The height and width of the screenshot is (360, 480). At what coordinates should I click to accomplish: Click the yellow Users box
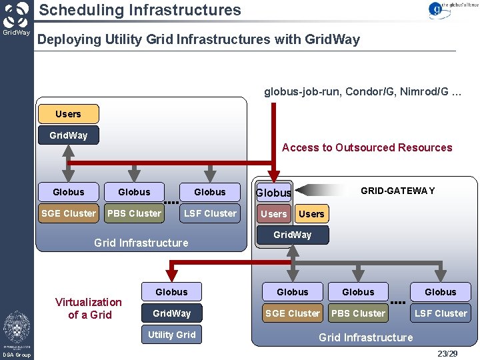pyautogui.click(x=68, y=114)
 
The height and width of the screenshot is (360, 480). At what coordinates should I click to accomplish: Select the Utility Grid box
pyautogui.click(x=172, y=335)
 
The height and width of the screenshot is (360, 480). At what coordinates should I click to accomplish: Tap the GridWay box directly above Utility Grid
pyautogui.click(x=172, y=313)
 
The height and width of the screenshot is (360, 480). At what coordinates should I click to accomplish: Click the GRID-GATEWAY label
pyautogui.click(x=397, y=191)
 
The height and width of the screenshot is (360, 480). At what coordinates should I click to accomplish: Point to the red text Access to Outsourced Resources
pyautogui.click(x=367, y=147)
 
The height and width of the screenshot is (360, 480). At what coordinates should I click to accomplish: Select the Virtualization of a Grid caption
pyautogui.click(x=89, y=309)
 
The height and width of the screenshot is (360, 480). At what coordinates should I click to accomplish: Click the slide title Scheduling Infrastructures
pyautogui.click(x=140, y=10)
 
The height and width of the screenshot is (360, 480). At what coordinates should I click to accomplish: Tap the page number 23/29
pyautogui.click(x=447, y=353)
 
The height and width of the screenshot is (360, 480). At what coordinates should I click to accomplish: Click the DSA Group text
pyautogui.click(x=16, y=355)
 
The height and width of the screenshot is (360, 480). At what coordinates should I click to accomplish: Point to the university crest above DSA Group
pyautogui.click(x=16, y=328)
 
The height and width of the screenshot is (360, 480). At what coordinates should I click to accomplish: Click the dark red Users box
pyautogui.click(x=273, y=214)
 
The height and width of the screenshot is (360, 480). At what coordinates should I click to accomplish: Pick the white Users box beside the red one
pyautogui.click(x=311, y=214)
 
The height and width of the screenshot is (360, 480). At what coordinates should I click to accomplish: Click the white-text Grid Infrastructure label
pyautogui.click(x=365, y=337)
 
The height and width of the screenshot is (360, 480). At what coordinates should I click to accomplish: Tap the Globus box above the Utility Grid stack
pyautogui.click(x=172, y=292)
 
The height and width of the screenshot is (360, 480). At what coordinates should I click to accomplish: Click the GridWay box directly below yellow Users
pyautogui.click(x=68, y=135)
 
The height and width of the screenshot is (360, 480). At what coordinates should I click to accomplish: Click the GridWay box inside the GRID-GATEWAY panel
pyautogui.click(x=292, y=235)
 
